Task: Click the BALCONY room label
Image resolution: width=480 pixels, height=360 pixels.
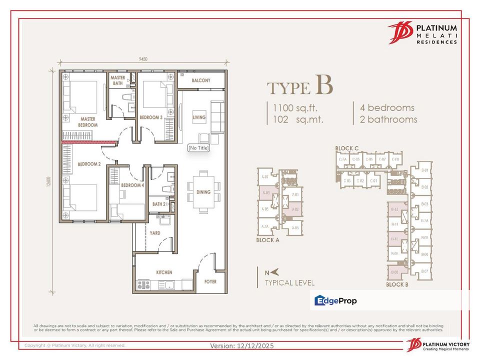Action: click(x=201, y=80)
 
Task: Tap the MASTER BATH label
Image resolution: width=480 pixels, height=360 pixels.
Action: click(x=118, y=81)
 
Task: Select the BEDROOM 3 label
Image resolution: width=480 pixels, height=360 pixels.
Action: click(x=150, y=117)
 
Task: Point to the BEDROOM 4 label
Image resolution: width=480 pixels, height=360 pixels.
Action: click(x=132, y=185)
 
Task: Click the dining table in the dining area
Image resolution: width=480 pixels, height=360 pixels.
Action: click(x=203, y=191)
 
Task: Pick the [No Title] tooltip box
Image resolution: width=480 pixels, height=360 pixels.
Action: click(x=198, y=148)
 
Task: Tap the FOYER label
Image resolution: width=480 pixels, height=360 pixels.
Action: click(x=210, y=281)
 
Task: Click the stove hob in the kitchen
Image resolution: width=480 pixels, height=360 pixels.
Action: click(x=143, y=285)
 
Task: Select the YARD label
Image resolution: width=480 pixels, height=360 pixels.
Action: click(x=155, y=233)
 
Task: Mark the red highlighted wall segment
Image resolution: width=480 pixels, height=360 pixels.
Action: click(x=89, y=143)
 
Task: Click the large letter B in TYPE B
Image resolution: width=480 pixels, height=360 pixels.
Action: click(x=323, y=85)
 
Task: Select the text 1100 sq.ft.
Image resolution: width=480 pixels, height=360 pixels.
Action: click(x=295, y=107)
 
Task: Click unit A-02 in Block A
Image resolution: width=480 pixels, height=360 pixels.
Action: click(x=295, y=209)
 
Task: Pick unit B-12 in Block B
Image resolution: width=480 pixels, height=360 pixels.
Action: click(x=394, y=209)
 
